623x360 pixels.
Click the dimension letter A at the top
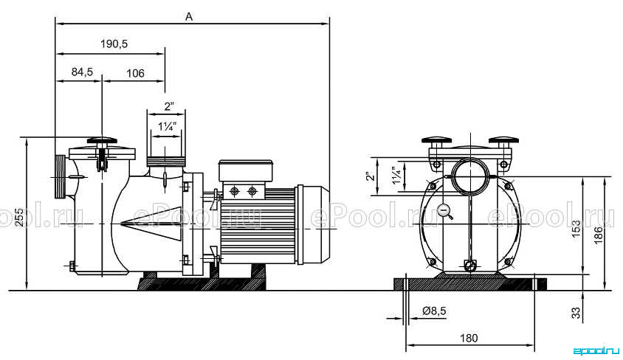point(189,17)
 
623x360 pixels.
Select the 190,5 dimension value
point(114,44)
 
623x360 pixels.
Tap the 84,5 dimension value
point(82,72)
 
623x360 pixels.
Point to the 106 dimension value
point(135,74)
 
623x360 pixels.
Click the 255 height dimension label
point(19,217)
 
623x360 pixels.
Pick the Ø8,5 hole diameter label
point(434,311)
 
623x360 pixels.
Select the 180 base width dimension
point(469,338)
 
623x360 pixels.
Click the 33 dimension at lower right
point(576,313)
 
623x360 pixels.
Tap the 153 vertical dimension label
point(576,229)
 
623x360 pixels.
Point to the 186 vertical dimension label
point(599,235)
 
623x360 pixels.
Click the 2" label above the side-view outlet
point(169,106)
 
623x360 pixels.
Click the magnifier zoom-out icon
point(444,211)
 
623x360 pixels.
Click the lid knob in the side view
point(102,140)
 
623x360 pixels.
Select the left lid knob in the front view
point(437,140)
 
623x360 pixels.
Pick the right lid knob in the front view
point(503,140)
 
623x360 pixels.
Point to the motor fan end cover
point(313,225)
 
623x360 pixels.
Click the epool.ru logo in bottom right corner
point(596,350)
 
